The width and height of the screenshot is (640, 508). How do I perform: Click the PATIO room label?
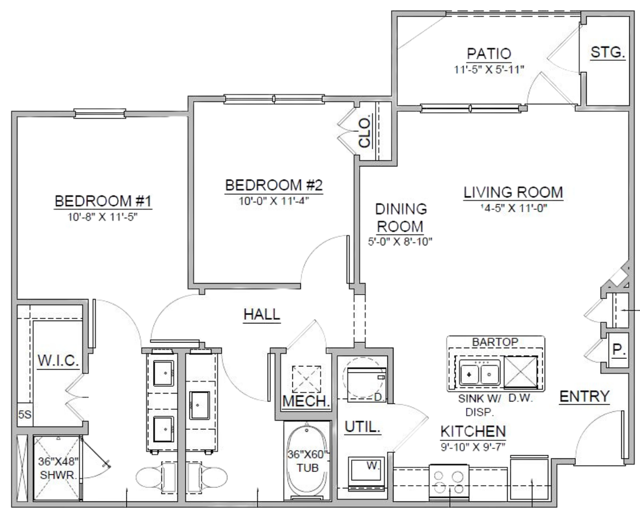(x=489, y=54)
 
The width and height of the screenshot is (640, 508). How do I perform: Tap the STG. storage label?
(x=608, y=52)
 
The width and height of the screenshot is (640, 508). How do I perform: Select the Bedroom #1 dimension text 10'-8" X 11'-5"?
(x=103, y=217)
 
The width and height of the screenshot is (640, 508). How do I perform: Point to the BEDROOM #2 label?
(x=273, y=185)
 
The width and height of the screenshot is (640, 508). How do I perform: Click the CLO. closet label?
(x=365, y=131)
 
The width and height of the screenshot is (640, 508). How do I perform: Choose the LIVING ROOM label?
(x=513, y=192)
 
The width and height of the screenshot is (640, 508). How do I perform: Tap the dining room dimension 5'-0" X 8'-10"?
(x=400, y=241)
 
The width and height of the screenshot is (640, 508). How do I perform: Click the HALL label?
(x=262, y=314)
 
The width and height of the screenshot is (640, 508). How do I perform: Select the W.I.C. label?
(x=58, y=361)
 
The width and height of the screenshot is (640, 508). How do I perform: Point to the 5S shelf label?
(x=25, y=414)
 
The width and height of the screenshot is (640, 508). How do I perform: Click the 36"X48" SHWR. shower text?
(x=58, y=468)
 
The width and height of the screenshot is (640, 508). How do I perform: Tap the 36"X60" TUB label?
(x=307, y=461)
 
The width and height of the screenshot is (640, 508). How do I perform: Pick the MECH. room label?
(x=306, y=401)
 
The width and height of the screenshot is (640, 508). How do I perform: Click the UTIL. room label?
(x=362, y=427)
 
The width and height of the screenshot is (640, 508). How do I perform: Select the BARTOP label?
(x=495, y=342)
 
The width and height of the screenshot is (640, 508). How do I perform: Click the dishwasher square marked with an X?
(x=521, y=373)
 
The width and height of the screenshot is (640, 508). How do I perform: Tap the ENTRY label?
(x=584, y=396)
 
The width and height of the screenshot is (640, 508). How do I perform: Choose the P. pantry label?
(x=619, y=350)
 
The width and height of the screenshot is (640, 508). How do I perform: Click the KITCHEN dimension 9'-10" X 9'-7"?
(x=473, y=447)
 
